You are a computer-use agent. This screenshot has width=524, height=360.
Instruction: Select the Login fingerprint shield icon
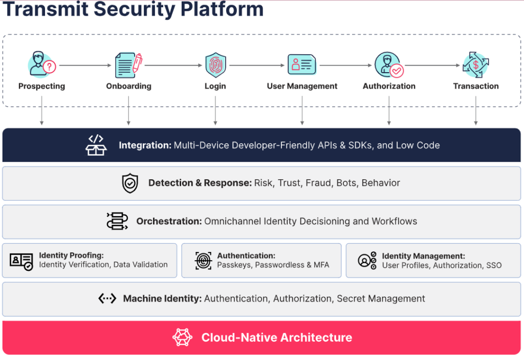pyautogui.click(x=215, y=65)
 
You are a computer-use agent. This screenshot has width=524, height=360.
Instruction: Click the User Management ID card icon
pyautogui.click(x=302, y=65)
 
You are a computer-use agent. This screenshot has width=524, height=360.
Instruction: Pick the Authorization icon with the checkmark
pyautogui.click(x=389, y=65)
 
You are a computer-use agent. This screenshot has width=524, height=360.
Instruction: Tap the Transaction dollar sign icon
pyautogui.click(x=476, y=65)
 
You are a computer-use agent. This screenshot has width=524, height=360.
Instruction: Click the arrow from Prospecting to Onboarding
pyautogui.click(x=85, y=66)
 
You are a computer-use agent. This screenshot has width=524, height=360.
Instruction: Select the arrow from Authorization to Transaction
pyautogui.click(x=432, y=66)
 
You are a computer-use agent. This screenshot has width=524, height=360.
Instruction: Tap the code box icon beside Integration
pyautogui.click(x=96, y=145)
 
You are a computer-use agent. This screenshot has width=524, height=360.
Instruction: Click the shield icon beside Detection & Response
pyautogui.click(x=130, y=183)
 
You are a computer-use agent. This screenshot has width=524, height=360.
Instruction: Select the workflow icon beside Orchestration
pyautogui.click(x=117, y=221)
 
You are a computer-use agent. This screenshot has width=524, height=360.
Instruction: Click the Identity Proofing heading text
pyautogui.click(x=71, y=256)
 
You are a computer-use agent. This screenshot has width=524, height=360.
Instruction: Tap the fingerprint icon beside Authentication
pyautogui.click(x=203, y=260)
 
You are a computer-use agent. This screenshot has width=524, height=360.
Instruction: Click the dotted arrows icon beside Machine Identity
pyautogui.click(x=107, y=299)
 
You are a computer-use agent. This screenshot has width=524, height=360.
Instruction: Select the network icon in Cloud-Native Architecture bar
pyautogui.click(x=183, y=337)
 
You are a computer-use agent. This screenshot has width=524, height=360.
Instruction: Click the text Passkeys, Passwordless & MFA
pyautogui.click(x=273, y=265)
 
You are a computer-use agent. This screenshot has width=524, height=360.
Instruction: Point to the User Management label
pyautogui.click(x=302, y=86)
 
